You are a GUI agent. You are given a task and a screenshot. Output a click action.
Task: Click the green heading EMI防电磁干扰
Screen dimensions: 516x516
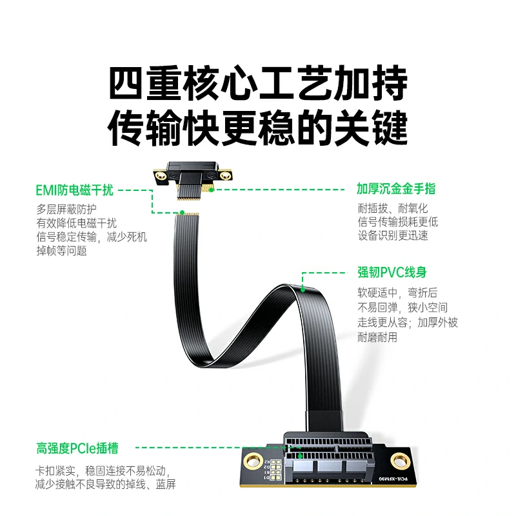click(75, 190)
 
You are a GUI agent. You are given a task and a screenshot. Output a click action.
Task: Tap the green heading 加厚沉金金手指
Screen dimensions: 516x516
click(396, 189)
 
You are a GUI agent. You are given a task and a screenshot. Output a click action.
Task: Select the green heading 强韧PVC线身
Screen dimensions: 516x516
click(392, 272)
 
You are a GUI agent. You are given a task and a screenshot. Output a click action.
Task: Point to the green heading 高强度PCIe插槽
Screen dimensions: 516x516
click(77, 448)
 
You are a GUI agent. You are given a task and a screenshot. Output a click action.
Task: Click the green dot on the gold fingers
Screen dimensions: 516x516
click(210, 190)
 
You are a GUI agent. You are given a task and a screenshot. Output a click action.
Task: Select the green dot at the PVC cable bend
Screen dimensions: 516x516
click(302, 289)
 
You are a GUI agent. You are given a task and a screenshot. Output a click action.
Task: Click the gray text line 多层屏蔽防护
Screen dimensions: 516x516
click(66, 209)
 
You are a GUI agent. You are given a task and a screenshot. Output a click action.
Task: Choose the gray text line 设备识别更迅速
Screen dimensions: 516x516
click(393, 236)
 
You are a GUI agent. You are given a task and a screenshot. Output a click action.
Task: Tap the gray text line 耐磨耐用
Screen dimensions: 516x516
click(377, 337)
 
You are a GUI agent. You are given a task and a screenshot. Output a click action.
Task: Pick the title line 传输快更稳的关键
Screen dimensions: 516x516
click(258, 128)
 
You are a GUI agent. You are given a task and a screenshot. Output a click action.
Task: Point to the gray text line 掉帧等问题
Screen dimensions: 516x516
click(61, 251)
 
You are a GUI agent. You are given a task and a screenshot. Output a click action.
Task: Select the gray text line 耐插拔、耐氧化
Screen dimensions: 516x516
click(393, 209)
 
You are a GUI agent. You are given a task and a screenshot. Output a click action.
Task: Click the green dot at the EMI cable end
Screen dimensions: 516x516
click(182, 212)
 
